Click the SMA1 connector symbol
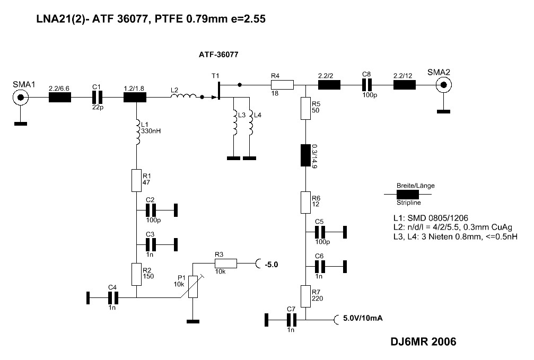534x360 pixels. (21, 98)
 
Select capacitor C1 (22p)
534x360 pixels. (97, 98)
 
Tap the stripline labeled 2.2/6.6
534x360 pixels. (59, 98)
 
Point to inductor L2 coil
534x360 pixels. (183, 97)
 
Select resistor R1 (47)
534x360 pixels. (137, 180)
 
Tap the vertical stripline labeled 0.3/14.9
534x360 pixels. (305, 155)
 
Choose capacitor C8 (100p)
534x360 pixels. (365, 84)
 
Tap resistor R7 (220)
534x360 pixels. (305, 296)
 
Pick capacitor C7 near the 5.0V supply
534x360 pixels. (290, 319)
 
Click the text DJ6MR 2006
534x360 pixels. (423, 342)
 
